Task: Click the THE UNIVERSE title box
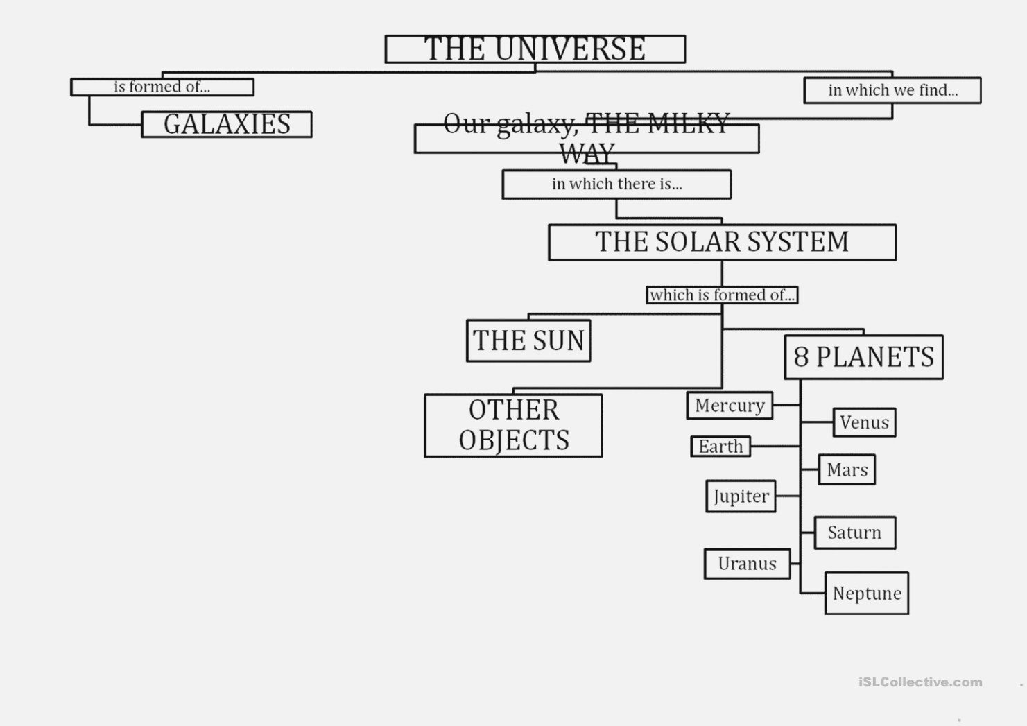pos(535,49)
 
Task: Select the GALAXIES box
pos(227,124)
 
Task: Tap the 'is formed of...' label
pos(162,87)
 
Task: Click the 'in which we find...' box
pos(892,90)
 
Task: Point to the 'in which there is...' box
pos(616,184)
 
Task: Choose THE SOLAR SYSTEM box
pos(722,242)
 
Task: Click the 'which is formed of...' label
pos(722,295)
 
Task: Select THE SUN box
pos(528,340)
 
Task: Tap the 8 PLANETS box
pos(864,357)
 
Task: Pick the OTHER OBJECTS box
pos(513,425)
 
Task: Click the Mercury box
pos(730,405)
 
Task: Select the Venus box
pos(864,422)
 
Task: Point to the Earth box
pos(720,446)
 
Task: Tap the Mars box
pos(847,469)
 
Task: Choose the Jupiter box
pos(741,496)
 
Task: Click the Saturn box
pos(854,533)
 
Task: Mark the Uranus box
pos(748,564)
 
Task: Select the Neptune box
pos(867,593)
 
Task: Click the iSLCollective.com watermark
pos(921,682)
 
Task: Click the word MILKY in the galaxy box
pos(689,123)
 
